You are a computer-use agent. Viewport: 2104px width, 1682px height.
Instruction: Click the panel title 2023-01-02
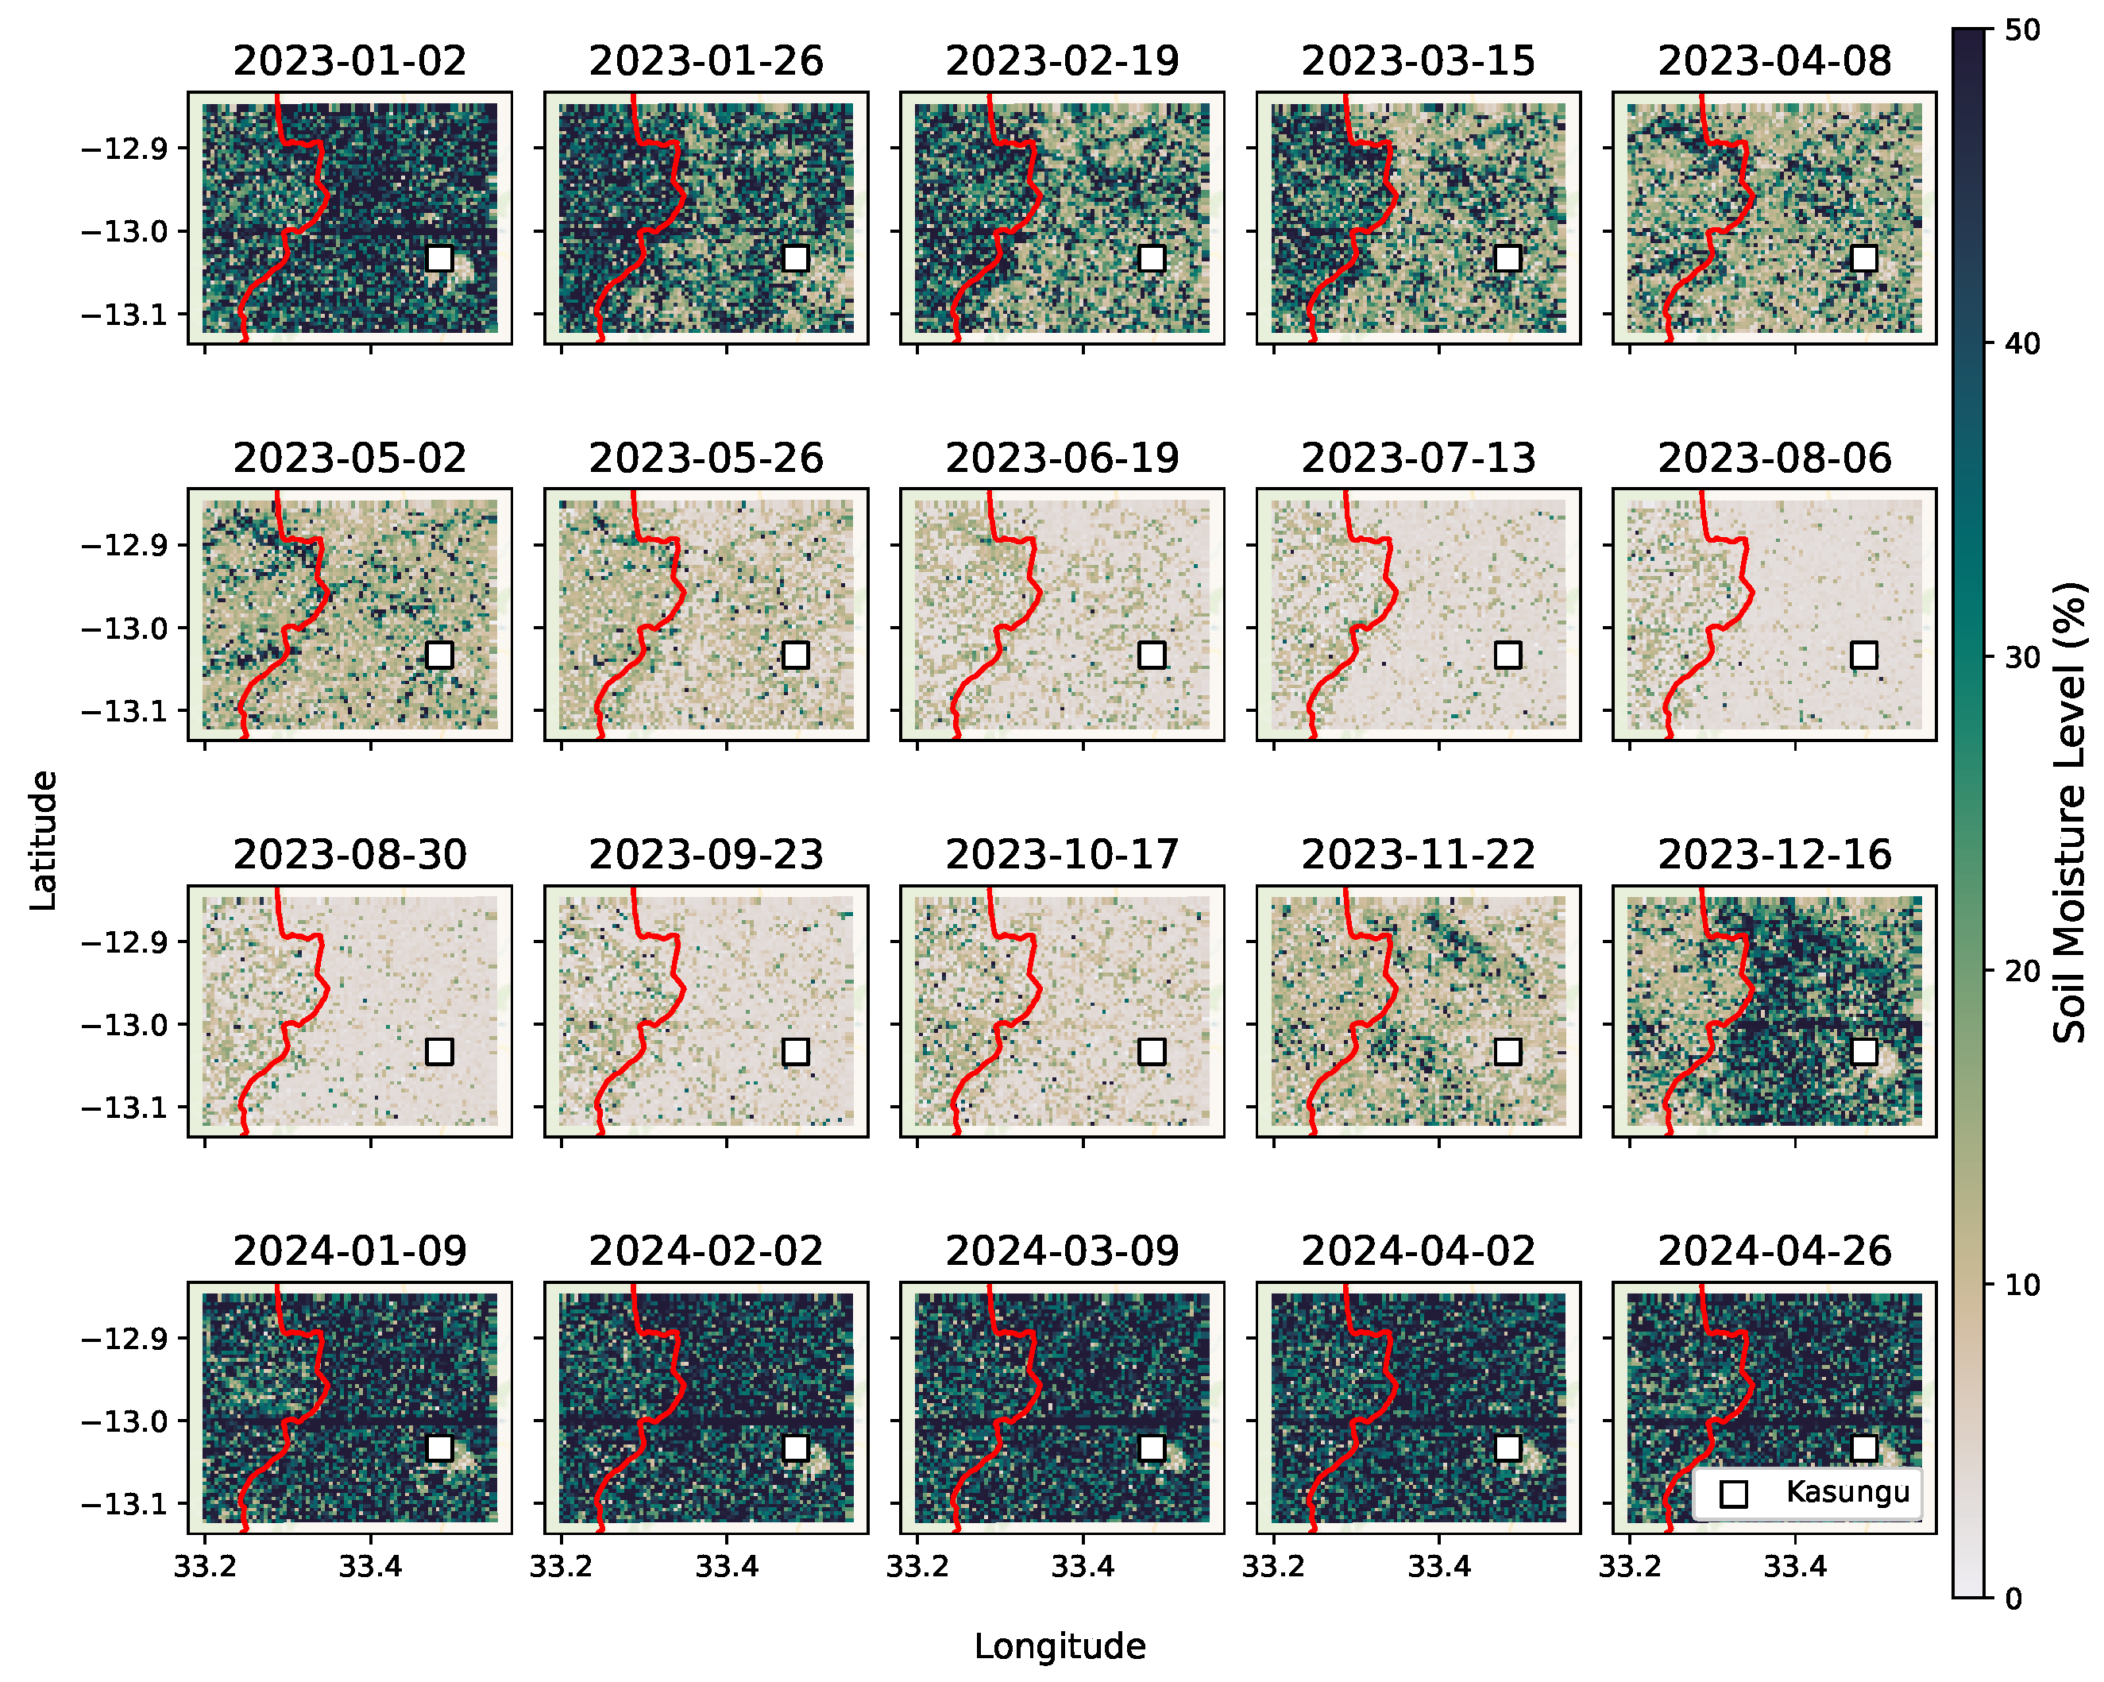tap(349, 60)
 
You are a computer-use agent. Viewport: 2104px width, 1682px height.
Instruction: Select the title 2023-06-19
tap(1062, 458)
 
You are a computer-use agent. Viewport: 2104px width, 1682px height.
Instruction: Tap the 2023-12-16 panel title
tap(1774, 854)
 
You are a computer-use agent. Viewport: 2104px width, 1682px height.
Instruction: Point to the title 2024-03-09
tap(1062, 1251)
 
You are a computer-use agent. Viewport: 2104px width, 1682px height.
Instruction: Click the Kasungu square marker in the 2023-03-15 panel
tap(1508, 259)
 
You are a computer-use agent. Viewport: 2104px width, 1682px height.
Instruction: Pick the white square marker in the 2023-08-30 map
tap(439, 1051)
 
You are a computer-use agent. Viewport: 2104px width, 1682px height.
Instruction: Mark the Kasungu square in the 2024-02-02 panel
tap(795, 1448)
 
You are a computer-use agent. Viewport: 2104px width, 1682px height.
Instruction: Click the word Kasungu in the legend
tap(1847, 1491)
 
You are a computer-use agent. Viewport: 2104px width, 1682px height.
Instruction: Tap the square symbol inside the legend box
tap(1733, 1494)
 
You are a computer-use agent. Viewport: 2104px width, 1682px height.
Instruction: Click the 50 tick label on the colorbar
tap(2022, 30)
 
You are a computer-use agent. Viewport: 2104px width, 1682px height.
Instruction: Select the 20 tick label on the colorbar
tap(2022, 972)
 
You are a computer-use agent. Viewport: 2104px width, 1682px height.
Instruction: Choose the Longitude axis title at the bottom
tap(1060, 1646)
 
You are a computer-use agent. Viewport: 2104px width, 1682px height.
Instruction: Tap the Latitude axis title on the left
tap(43, 841)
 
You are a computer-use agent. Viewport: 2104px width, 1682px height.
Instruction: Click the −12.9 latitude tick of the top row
tap(124, 149)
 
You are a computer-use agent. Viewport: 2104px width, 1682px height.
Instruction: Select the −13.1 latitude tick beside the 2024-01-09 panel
tap(124, 1503)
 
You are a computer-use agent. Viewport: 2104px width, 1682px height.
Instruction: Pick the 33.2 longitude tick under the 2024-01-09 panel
tap(204, 1567)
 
